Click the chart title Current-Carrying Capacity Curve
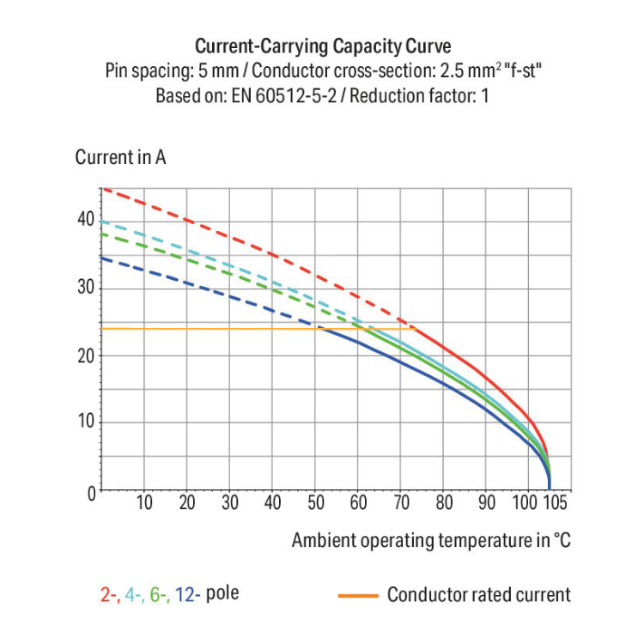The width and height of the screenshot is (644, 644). click(x=323, y=46)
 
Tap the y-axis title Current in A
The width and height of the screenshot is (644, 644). click(x=120, y=158)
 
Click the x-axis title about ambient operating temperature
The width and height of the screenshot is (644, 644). click(x=430, y=540)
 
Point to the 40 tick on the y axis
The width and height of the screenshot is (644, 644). click(x=84, y=219)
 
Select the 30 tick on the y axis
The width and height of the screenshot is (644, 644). click(x=84, y=287)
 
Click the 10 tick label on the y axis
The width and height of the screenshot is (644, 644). click(x=84, y=422)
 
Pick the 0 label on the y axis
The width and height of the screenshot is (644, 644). click(x=88, y=491)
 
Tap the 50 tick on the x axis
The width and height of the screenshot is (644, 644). click(x=316, y=503)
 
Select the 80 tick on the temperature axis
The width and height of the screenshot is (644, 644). click(x=444, y=503)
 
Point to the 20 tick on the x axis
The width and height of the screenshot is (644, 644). click(x=187, y=503)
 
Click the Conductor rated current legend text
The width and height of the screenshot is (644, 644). click(x=478, y=594)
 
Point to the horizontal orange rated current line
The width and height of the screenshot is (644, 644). click(x=215, y=329)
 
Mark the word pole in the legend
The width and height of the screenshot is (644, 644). click(x=223, y=593)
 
